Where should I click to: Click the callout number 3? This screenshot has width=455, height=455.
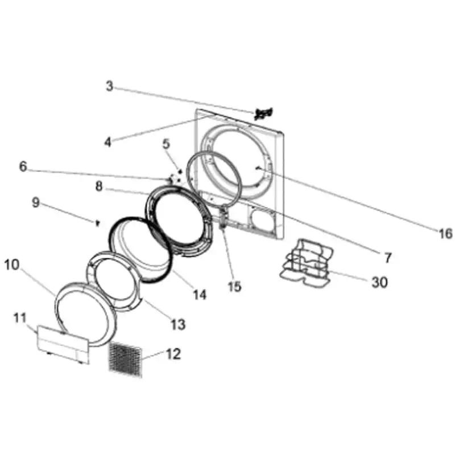(109, 86)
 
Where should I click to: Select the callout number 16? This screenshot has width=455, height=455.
(445, 233)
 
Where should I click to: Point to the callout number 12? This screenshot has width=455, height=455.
(173, 354)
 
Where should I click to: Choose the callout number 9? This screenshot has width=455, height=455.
(35, 203)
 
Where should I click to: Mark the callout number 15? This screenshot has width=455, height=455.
(234, 287)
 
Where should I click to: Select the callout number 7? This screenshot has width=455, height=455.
(387, 258)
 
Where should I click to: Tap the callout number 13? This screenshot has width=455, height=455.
(178, 324)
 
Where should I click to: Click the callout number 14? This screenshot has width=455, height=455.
(199, 295)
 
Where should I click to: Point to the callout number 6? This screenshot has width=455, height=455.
(23, 167)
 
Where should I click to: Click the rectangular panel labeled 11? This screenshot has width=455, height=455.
(63, 343)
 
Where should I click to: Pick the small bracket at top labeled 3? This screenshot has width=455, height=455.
(264, 113)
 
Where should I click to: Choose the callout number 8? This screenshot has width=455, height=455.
(99, 186)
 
